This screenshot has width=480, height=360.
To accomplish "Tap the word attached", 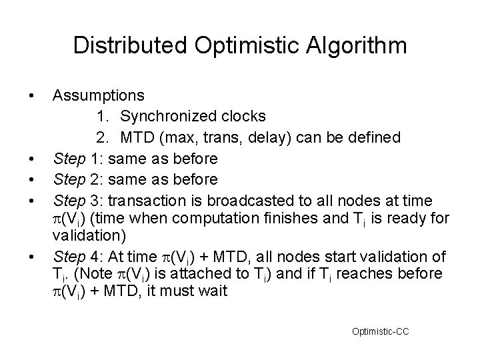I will click(197, 275).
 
